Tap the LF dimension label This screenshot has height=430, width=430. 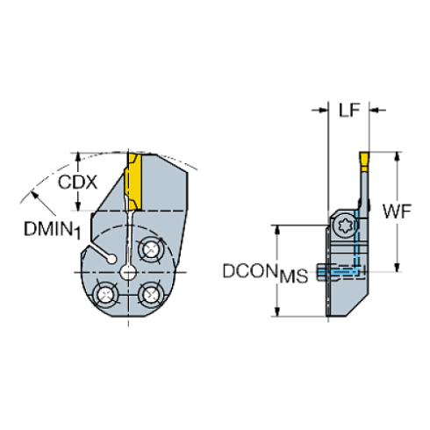pyautogui.click(x=348, y=110)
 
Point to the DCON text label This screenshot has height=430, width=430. pyautogui.click(x=248, y=272)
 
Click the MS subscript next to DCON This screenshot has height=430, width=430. pyautogui.click(x=292, y=277)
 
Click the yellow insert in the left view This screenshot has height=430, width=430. pyautogui.click(x=135, y=179)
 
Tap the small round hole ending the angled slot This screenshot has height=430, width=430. pyautogui.click(x=110, y=258)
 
